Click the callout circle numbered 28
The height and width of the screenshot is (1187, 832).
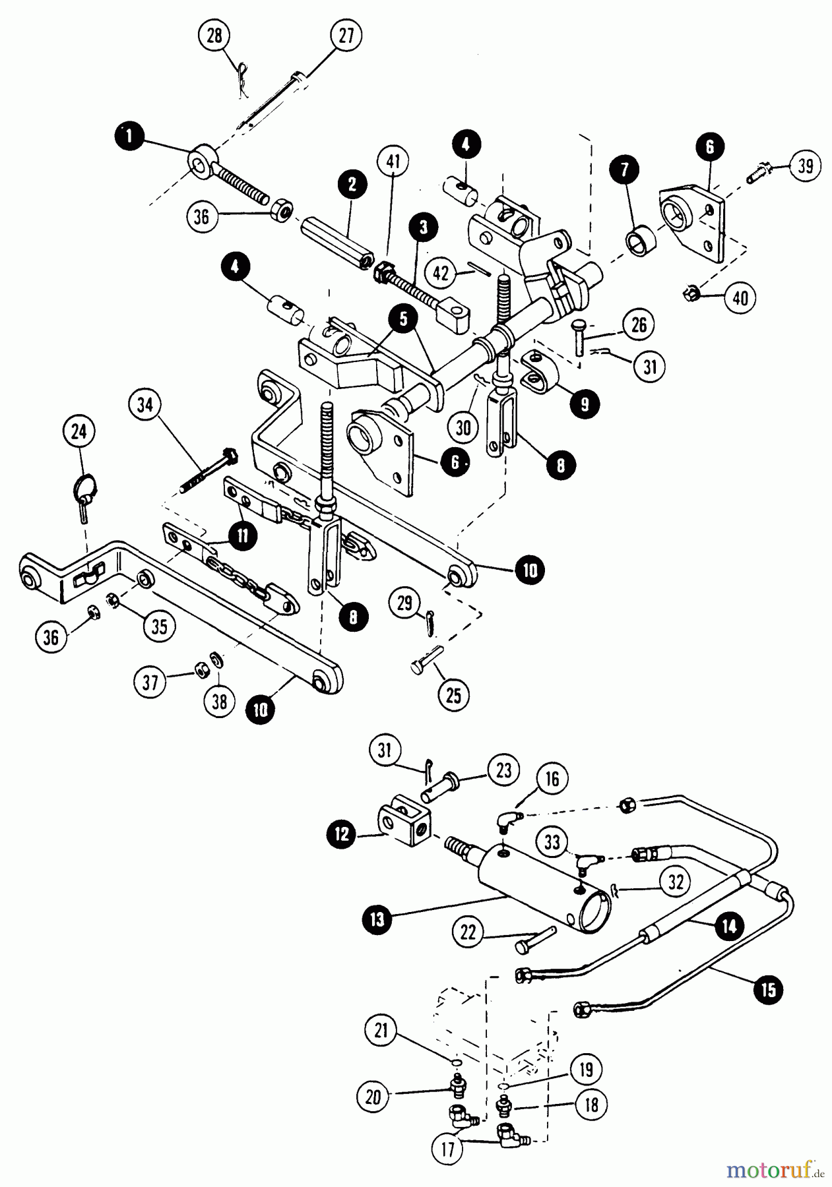[216, 36]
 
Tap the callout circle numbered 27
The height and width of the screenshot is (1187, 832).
[346, 36]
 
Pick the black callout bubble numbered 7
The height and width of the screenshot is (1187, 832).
[625, 169]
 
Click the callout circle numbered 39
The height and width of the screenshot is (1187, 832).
[804, 166]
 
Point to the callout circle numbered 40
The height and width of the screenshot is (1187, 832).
[740, 299]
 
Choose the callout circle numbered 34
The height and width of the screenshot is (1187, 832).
[146, 405]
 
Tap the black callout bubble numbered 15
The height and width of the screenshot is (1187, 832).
[769, 989]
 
